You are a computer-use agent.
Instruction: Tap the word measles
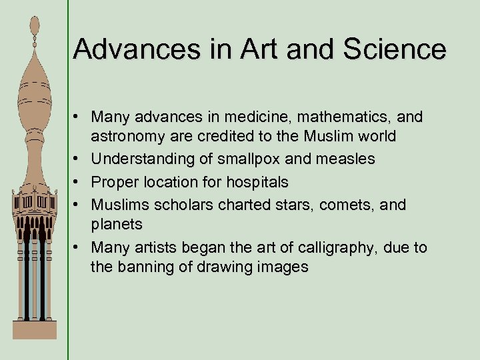point(343,159)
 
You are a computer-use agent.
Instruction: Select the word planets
point(117,224)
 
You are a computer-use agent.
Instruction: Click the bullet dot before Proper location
point(78,182)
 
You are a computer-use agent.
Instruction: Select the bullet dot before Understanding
point(78,159)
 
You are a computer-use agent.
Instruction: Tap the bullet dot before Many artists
point(78,247)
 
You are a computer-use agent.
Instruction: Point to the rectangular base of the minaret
point(34,329)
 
